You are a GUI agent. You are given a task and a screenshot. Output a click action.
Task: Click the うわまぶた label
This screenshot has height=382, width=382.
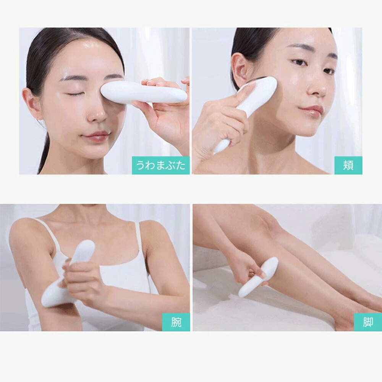pyautogui.click(x=160, y=165)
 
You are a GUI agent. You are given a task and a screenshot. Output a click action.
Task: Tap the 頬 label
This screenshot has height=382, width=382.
pyautogui.click(x=348, y=165)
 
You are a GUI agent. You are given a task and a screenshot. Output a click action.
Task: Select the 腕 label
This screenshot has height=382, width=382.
pyautogui.click(x=176, y=322)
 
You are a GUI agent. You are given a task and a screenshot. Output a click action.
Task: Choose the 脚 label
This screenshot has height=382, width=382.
pyautogui.click(x=368, y=322)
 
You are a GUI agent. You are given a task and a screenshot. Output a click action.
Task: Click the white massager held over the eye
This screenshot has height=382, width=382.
pyautogui.click(x=143, y=92)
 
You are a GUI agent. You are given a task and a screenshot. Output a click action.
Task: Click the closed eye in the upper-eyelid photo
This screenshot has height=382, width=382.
pyautogui.click(x=74, y=94)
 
